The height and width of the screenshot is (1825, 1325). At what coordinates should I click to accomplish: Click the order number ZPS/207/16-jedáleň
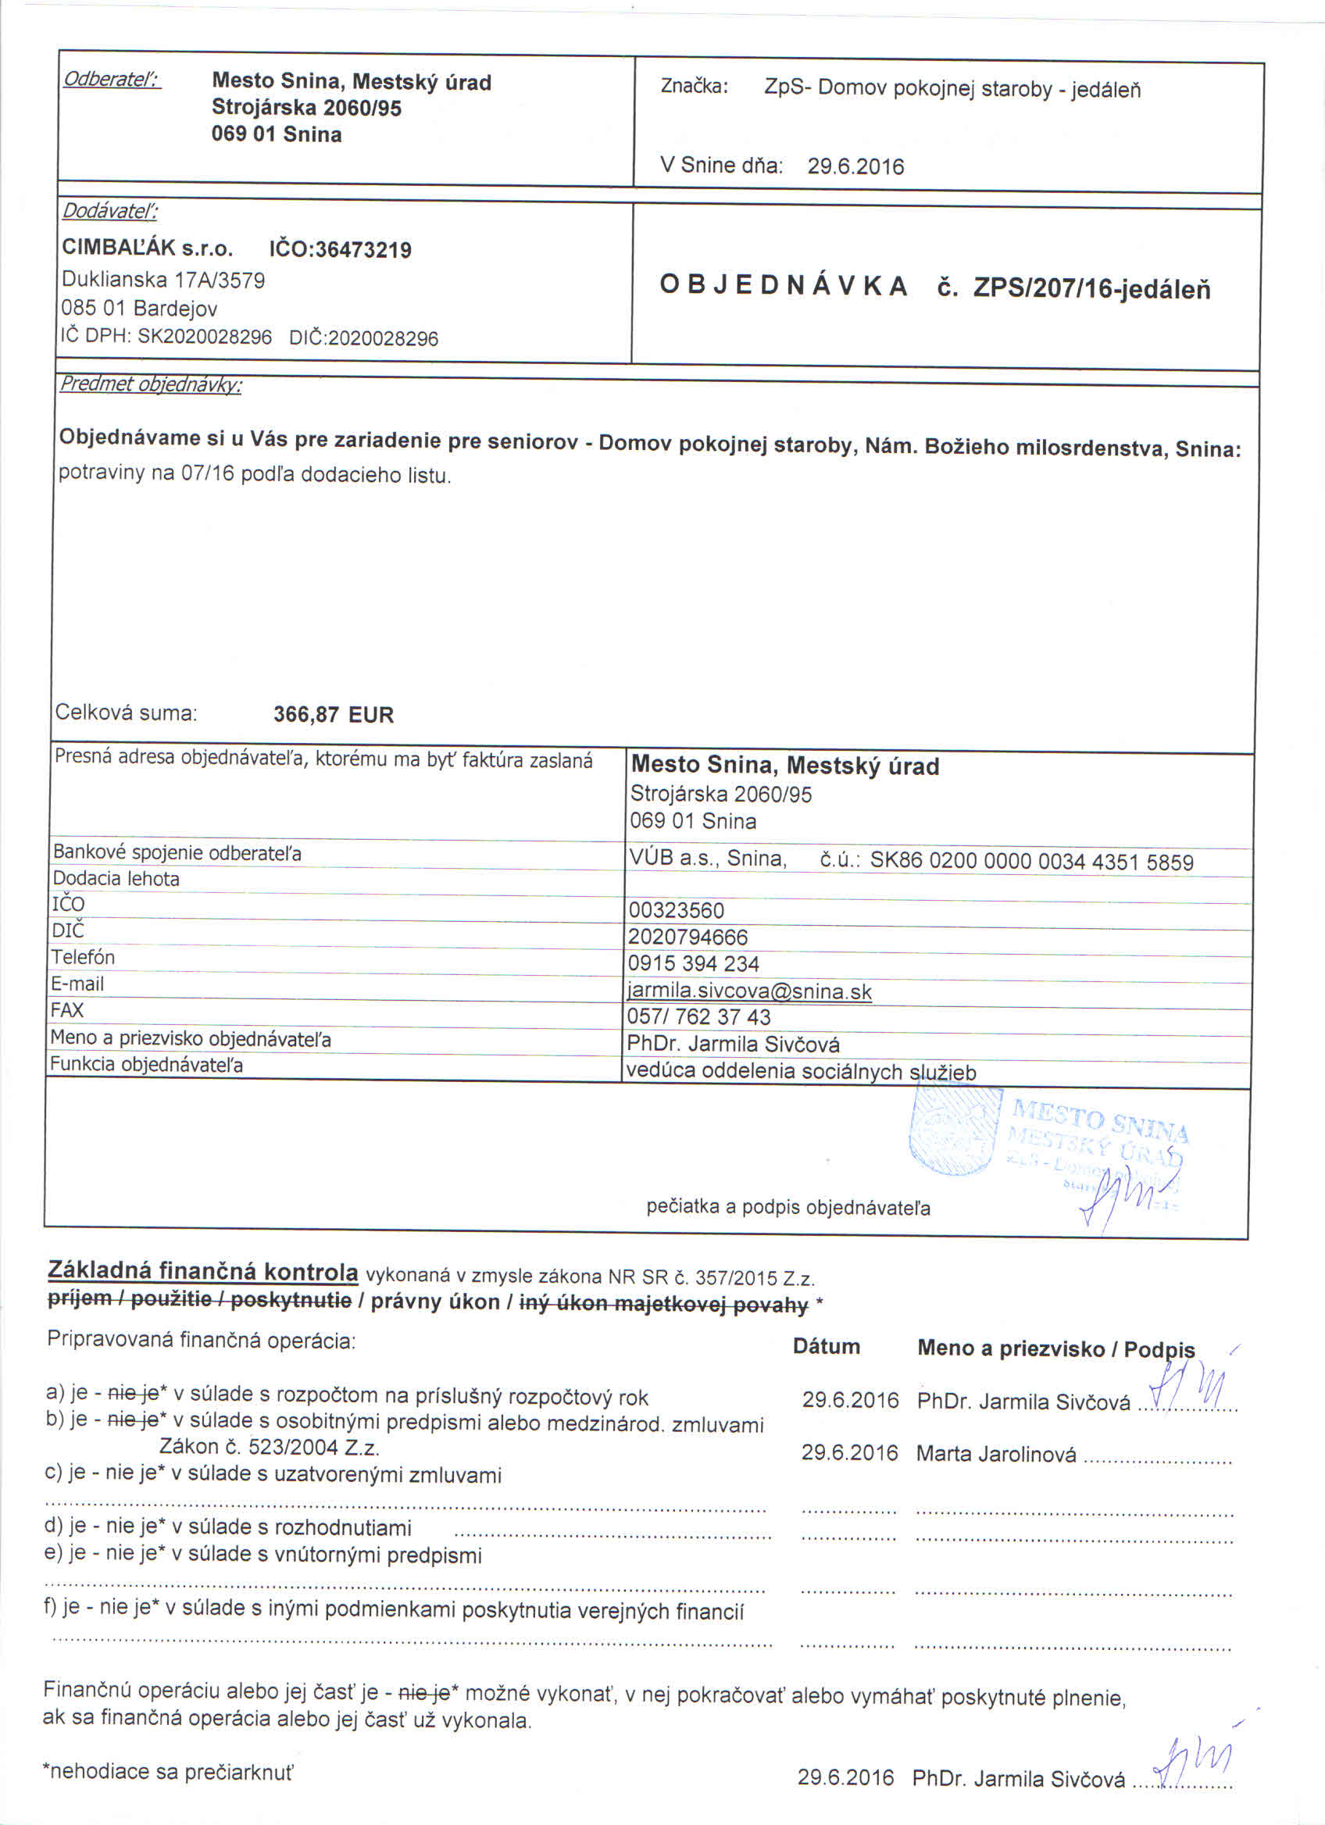click(x=1091, y=288)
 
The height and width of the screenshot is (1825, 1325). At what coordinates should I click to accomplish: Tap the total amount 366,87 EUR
click(x=333, y=715)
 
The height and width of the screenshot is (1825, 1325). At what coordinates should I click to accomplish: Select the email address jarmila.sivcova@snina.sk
click(x=749, y=991)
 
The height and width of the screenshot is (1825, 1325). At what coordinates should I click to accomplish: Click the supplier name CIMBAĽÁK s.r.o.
click(x=147, y=248)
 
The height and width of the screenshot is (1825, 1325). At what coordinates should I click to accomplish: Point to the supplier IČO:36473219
click(x=341, y=249)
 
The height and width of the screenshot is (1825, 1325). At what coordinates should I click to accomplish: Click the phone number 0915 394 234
click(x=694, y=964)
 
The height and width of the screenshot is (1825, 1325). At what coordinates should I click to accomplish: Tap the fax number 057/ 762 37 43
click(x=698, y=1017)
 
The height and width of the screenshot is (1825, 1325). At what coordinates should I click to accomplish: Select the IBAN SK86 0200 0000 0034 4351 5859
click(x=1031, y=862)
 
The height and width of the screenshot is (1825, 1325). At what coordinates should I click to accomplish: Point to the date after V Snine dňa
click(x=855, y=166)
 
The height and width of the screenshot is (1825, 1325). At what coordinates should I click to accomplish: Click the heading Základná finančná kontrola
click(x=202, y=1271)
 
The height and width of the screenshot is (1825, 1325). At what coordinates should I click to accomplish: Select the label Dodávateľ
click(x=110, y=212)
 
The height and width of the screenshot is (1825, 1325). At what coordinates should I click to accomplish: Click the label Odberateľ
click(x=112, y=80)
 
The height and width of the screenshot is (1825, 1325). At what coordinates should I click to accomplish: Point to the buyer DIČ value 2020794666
click(x=687, y=937)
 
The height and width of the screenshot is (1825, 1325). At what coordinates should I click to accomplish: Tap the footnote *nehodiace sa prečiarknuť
click(x=168, y=1772)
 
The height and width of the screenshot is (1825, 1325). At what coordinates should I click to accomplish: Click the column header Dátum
click(x=827, y=1347)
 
